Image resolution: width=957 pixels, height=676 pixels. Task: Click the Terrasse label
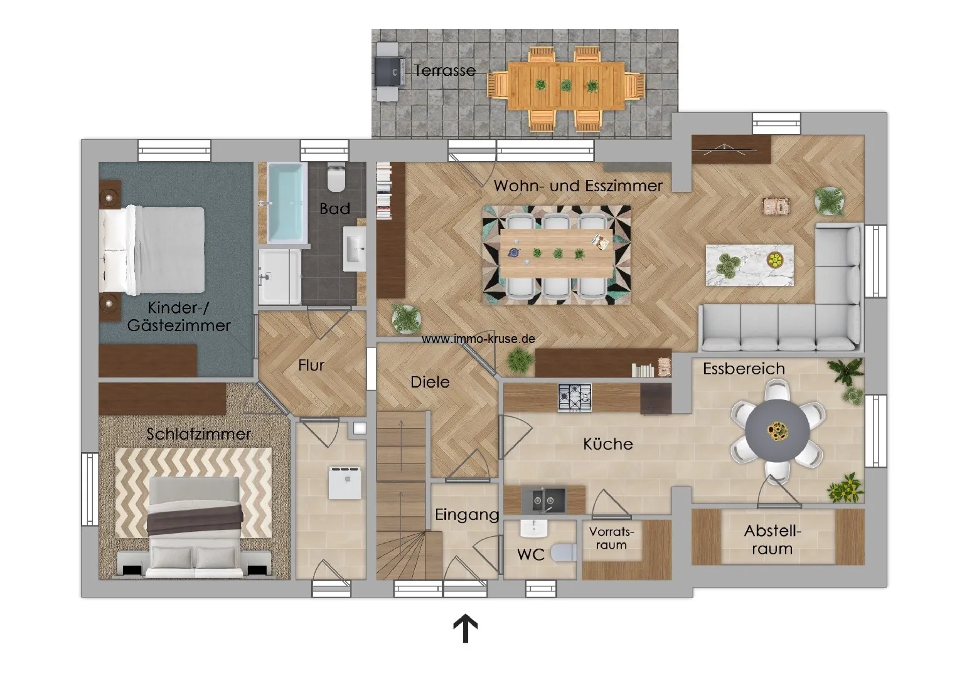tap(445, 70)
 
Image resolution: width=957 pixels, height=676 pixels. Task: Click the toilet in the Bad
tap(336, 179)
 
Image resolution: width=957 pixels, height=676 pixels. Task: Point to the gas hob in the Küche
tap(575, 398)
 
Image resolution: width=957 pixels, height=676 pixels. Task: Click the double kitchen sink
tap(543, 500)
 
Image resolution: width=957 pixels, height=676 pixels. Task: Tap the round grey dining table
tap(778, 430)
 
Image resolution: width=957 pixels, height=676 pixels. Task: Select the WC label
tap(531, 555)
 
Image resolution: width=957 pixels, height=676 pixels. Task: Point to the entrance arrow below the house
tap(465, 628)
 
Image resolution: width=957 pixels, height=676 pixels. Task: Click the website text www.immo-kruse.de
tap(478, 339)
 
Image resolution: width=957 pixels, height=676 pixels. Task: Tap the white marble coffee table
tap(750, 265)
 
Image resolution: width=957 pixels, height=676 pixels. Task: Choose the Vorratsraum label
tap(611, 539)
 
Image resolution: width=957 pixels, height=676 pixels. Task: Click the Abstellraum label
tap(773, 540)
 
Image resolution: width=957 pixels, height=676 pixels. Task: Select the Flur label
tap(311, 365)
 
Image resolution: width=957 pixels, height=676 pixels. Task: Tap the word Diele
tap(430, 382)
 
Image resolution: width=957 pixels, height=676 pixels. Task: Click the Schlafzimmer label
tap(199, 434)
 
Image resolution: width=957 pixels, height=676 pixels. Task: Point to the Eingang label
tap(467, 515)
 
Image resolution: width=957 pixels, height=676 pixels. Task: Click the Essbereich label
tap(744, 369)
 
